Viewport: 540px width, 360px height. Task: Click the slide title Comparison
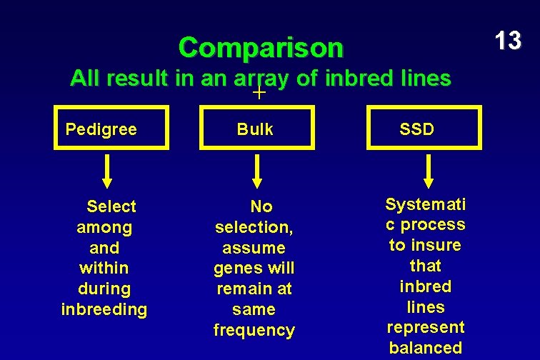point(261,48)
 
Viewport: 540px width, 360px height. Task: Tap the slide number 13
point(508,41)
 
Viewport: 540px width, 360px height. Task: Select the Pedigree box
point(111,128)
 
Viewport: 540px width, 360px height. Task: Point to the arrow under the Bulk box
point(257,171)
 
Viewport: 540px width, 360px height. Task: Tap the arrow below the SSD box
point(429,171)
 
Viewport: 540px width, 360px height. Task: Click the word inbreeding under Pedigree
point(104,310)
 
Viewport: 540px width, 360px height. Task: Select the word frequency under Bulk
point(254,331)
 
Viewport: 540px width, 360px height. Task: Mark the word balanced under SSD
point(426,348)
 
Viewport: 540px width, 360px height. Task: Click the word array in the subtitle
point(261,79)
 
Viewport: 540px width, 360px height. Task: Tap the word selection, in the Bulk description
point(254,227)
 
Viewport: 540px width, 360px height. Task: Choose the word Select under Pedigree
point(111,206)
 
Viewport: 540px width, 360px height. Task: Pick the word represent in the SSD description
point(426,327)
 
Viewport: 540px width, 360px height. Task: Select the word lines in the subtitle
point(426,79)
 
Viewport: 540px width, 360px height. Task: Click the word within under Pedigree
point(104,269)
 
